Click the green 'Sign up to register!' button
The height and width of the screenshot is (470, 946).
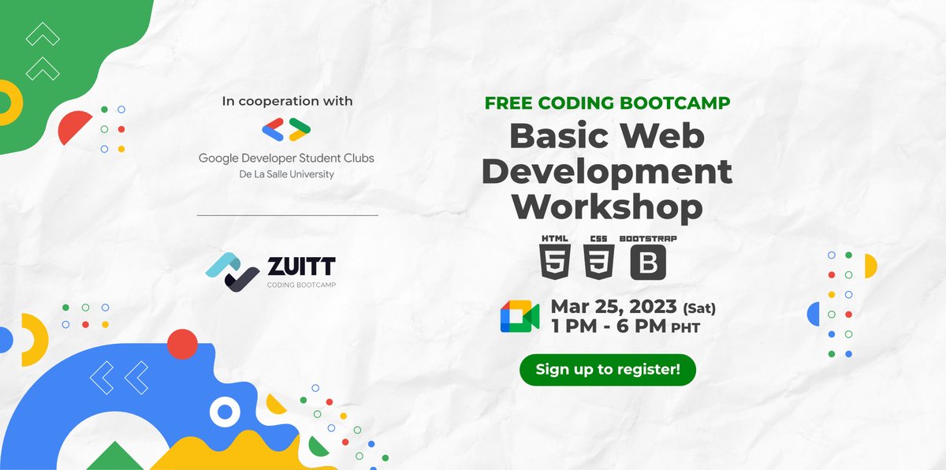coord(607,369)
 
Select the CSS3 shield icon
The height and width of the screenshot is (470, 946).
coord(600,262)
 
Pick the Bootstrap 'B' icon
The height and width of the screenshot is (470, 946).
coord(648,262)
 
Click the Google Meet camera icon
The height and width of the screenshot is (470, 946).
coord(520,316)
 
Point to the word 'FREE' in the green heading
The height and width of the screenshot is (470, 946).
coord(509,103)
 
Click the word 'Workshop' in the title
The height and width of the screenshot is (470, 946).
coord(606,207)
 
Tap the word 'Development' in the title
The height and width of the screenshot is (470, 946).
coord(622,171)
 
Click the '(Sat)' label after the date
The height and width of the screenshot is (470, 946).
coord(699,308)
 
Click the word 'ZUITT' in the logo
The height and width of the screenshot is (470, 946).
coord(300,264)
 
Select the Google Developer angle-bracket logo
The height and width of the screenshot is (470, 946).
coord(286,129)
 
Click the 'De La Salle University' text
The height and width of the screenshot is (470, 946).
coord(286,174)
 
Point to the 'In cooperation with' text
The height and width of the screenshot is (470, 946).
coord(287,101)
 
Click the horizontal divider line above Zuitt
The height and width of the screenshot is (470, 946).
coord(287,214)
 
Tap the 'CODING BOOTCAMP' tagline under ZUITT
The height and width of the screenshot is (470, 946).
coord(301,284)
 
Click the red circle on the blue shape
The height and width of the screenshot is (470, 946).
coord(183,344)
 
